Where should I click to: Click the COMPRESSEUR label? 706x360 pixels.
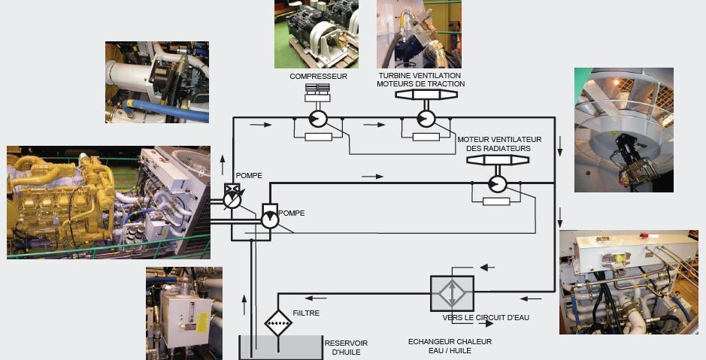318,77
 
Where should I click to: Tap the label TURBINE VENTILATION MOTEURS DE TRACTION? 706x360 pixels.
421,80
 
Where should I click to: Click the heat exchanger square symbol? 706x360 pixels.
451,293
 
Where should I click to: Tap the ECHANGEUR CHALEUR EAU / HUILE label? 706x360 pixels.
450,346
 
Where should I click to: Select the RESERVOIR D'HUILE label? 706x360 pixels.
345,347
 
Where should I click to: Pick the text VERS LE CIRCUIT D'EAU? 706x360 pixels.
486,318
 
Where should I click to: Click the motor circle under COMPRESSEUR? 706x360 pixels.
317,119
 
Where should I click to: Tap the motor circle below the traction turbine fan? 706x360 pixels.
426,119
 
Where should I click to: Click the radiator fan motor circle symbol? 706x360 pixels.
496,183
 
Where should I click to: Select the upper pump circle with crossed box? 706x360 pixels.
232,199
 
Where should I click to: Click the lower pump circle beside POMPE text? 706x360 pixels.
268,219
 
